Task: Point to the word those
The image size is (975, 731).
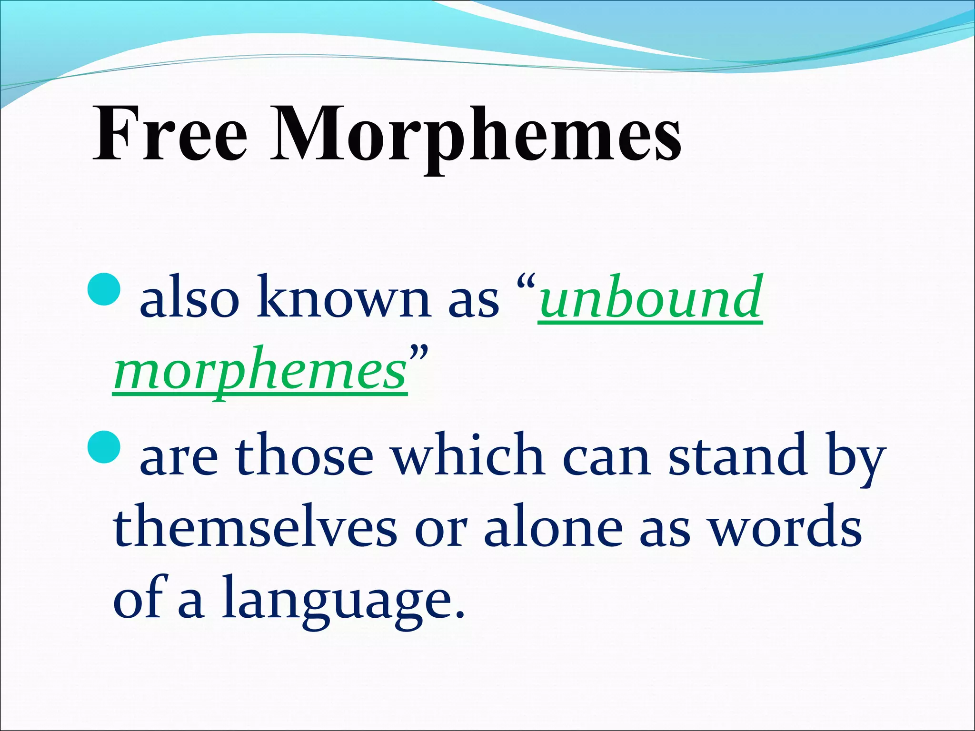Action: point(304,454)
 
